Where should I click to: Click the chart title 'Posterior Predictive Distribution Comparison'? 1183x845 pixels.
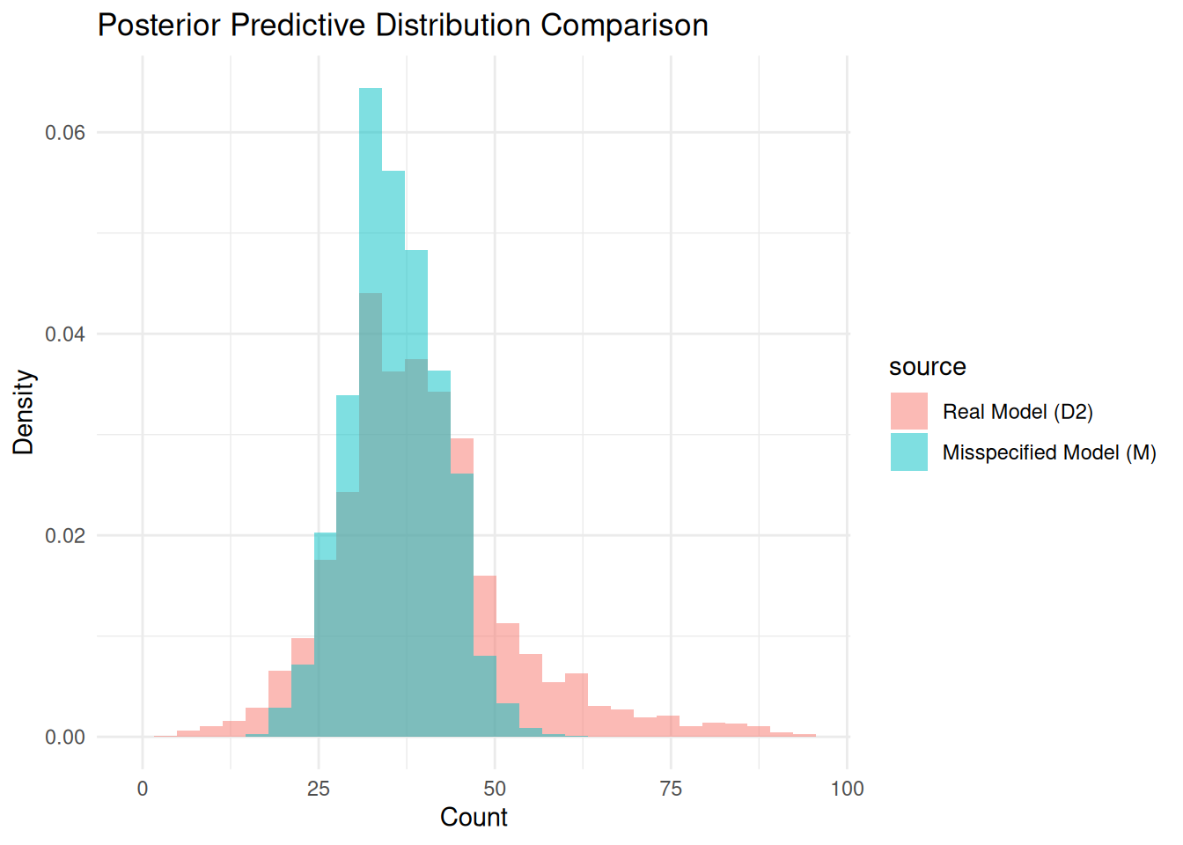[402, 26]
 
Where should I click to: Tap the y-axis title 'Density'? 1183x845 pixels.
[24, 412]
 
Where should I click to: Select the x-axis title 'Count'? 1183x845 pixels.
[474, 818]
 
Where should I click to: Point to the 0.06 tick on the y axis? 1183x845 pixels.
[65, 133]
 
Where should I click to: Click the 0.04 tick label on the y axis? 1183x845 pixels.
[65, 334]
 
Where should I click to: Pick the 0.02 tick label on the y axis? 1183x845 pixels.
[65, 536]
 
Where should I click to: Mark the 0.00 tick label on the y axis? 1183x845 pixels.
[65, 738]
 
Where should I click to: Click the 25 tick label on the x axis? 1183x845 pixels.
[319, 790]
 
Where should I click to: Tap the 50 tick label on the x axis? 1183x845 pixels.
[495, 790]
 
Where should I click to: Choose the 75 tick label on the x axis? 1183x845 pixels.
[671, 790]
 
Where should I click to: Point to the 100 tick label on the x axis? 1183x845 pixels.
[847, 790]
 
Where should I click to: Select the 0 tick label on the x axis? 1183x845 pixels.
[143, 790]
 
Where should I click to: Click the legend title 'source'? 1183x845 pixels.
[927, 367]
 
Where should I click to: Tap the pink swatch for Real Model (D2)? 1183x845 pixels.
[908, 411]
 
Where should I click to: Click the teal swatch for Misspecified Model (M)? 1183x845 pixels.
[908, 452]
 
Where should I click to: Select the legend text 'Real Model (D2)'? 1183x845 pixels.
[1018, 412]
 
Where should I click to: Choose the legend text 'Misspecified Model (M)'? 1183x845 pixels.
[1049, 452]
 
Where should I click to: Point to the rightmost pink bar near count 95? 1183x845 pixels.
[805, 735]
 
